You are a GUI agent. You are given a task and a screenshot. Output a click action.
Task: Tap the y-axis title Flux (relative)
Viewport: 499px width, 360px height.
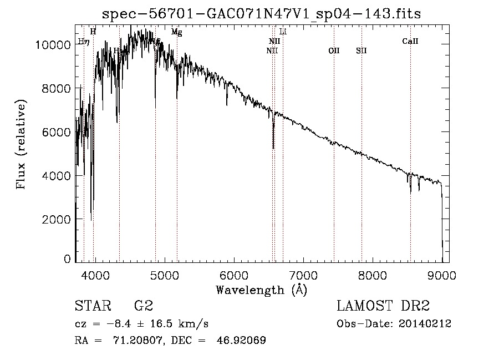tap(22, 145)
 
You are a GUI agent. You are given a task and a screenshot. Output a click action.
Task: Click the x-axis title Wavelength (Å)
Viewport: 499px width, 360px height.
tap(261, 290)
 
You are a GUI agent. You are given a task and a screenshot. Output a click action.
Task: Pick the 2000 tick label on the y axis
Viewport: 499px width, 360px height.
tap(57, 219)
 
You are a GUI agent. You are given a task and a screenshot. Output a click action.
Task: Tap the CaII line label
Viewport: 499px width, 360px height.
tap(410, 41)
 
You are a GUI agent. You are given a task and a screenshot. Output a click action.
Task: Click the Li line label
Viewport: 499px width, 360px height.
tap(283, 32)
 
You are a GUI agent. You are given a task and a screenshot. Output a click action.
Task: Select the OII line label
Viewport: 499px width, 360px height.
tap(334, 50)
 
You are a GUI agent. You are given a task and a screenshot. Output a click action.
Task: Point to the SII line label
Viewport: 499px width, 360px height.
tap(361, 50)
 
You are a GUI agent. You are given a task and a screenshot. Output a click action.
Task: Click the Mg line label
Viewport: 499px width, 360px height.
tap(176, 32)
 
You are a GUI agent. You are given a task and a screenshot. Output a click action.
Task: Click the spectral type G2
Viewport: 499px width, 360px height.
tap(144, 306)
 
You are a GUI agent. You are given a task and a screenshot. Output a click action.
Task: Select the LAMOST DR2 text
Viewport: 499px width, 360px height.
tap(383, 306)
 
